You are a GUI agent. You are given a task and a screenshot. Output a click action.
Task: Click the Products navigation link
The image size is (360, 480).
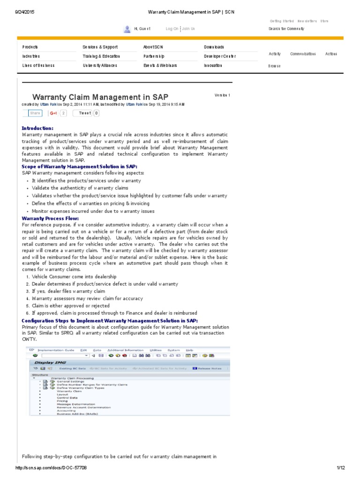(x=30, y=47)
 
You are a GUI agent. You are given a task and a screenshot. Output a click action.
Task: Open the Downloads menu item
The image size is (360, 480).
(x=214, y=47)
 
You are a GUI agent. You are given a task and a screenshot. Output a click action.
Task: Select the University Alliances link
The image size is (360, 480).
(x=100, y=66)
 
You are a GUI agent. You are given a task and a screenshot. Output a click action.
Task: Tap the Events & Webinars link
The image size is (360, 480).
(x=160, y=66)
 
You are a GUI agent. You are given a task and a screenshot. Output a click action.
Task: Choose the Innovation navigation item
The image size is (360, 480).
(x=213, y=66)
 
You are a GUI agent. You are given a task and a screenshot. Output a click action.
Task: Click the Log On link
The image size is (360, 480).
(x=172, y=29)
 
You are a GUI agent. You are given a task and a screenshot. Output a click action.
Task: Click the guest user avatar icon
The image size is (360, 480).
(x=127, y=29)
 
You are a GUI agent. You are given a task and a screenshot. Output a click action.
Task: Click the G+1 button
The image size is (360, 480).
(x=53, y=113)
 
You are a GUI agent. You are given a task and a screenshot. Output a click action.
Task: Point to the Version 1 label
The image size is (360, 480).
(x=222, y=95)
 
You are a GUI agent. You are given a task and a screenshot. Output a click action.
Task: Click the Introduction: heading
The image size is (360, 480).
(x=37, y=128)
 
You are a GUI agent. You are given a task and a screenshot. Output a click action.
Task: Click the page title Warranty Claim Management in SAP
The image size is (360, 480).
(x=100, y=97)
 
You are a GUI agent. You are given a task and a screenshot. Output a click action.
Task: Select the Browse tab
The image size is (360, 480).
(x=275, y=66)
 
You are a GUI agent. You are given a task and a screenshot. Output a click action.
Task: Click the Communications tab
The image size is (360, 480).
(x=303, y=54)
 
